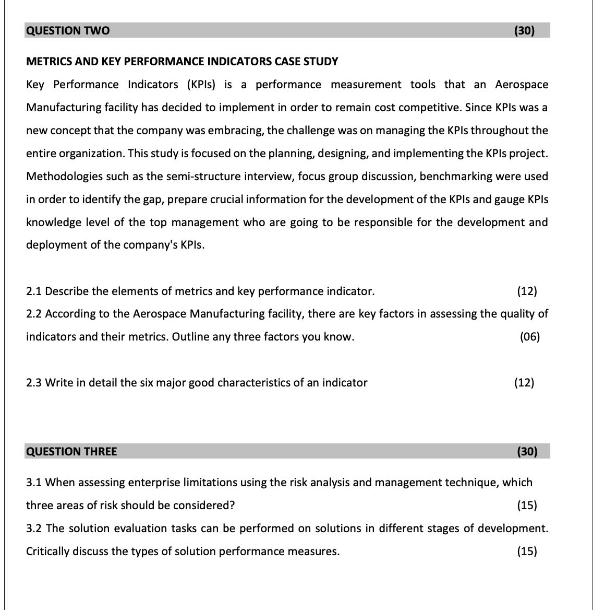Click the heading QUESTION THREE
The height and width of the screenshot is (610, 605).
tap(71, 451)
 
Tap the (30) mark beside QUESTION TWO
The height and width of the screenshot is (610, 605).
tap(524, 30)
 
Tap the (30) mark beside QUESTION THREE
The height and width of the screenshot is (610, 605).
tap(527, 451)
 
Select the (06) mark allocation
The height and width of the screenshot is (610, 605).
tap(530, 337)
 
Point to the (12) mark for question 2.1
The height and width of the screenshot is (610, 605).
tap(527, 291)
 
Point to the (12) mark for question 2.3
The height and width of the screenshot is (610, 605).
tap(524, 383)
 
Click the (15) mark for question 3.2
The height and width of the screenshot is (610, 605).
tap(527, 552)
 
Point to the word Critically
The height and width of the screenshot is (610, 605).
tap(47, 552)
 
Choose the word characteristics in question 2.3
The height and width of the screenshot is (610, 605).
tap(253, 383)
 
